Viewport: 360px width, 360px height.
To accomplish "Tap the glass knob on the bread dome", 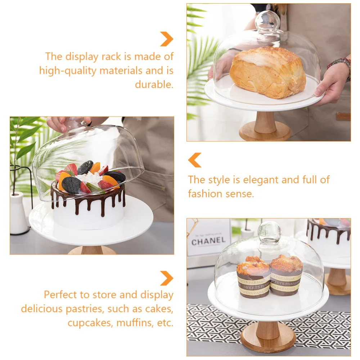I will tap(267, 21).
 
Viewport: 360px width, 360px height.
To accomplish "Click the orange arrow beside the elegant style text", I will tap(195, 160).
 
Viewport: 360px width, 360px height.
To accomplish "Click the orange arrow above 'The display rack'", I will tap(166, 39).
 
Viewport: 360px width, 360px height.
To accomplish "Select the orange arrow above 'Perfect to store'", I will tap(166, 278).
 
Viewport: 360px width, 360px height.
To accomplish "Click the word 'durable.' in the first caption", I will tap(154, 85).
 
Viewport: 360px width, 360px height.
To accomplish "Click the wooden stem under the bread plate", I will tap(265, 122).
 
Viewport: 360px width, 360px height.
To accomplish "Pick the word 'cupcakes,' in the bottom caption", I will tap(90, 323).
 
